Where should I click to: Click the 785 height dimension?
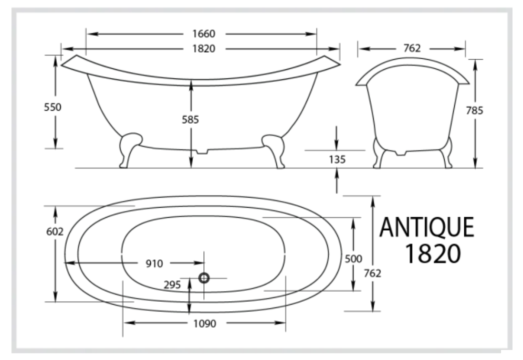(475, 111)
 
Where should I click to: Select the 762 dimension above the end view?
(411, 48)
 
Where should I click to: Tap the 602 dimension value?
(55, 231)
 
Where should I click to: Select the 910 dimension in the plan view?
(155, 263)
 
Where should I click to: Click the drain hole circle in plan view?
(204, 278)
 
